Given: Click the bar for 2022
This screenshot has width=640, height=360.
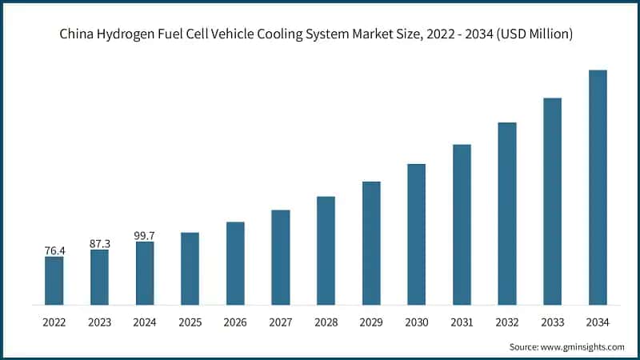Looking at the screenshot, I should pyautogui.click(x=54, y=280).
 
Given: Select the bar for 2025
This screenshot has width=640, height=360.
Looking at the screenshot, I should pyautogui.click(x=190, y=268).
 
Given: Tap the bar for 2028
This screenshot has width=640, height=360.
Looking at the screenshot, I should pyautogui.click(x=326, y=250).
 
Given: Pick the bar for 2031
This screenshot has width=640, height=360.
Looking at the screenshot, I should pyautogui.click(x=462, y=224).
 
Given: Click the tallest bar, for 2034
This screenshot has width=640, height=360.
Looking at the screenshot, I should pyautogui.click(x=598, y=187).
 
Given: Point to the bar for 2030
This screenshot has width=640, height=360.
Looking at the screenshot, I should pyautogui.click(x=416, y=234).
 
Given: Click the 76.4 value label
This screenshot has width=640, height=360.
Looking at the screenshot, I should pyautogui.click(x=54, y=250).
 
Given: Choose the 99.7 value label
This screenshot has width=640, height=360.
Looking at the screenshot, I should pyautogui.click(x=144, y=234).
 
